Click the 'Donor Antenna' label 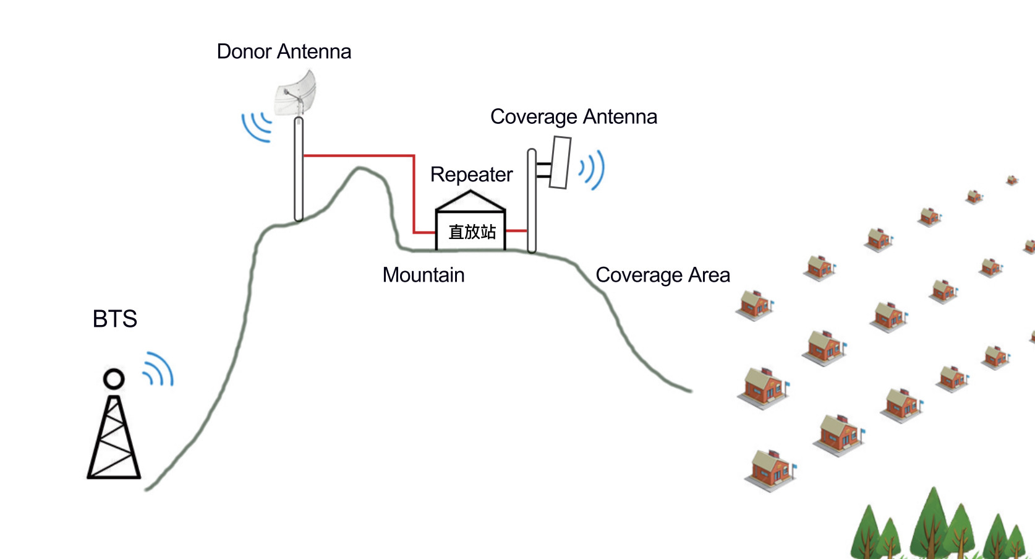click(284, 51)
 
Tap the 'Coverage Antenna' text click(573, 116)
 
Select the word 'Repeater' click(471, 175)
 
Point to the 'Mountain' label click(423, 275)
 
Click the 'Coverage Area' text click(662, 275)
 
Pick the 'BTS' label click(114, 319)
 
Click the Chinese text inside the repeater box click(472, 232)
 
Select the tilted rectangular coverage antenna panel click(560, 162)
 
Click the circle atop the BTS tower click(114, 378)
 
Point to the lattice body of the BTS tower click(114, 440)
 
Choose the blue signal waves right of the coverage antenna click(592, 169)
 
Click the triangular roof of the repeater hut click(471, 201)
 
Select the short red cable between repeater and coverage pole click(516, 231)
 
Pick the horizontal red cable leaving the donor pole click(359, 155)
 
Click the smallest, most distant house click(1012, 180)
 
